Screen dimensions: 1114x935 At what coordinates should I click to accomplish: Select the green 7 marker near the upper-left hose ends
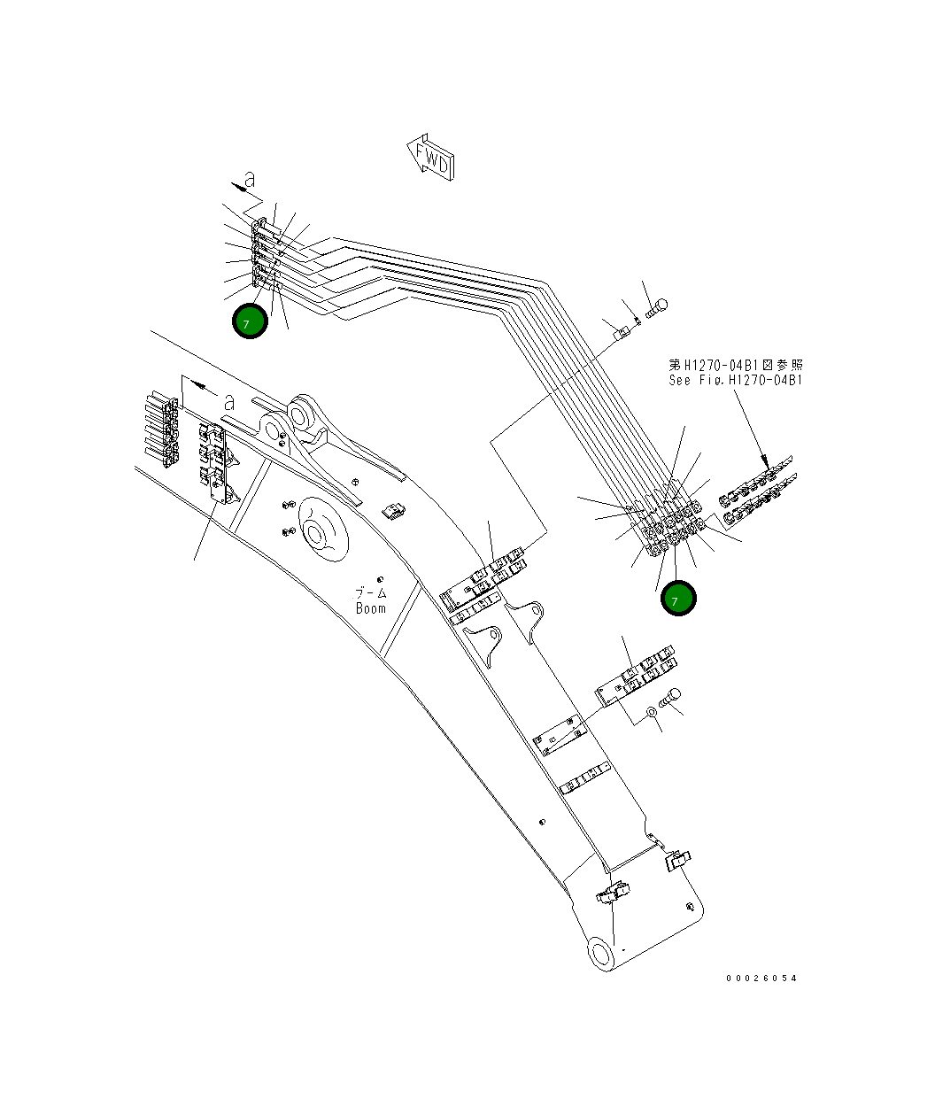(x=250, y=321)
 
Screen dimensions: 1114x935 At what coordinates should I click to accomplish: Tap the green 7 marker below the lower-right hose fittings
(x=678, y=600)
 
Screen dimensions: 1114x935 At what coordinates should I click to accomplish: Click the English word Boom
(x=371, y=608)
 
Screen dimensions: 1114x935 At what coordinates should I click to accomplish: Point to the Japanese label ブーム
(x=371, y=592)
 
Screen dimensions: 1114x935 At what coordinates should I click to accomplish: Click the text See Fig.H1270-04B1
(x=736, y=380)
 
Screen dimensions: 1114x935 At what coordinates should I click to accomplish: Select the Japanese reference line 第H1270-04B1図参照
(x=736, y=365)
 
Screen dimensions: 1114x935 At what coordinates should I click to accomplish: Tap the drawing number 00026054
(x=761, y=978)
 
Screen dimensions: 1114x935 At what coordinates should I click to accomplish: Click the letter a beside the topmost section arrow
(x=251, y=180)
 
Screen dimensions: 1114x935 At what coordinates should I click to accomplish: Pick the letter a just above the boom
(x=228, y=401)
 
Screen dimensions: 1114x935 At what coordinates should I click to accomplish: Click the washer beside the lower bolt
(x=651, y=709)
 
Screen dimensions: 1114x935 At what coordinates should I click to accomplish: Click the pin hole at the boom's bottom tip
(x=602, y=955)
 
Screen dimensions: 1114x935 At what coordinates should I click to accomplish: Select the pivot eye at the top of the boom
(x=299, y=414)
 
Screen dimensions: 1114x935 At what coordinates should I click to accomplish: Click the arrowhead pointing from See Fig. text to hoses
(x=764, y=460)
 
